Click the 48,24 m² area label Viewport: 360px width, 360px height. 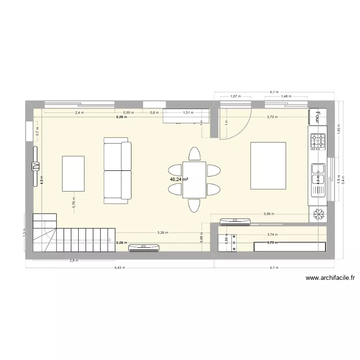point(179,180)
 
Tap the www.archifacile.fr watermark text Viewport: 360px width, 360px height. point(330,278)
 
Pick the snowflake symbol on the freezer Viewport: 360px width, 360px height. point(317,215)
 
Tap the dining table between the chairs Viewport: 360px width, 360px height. point(194,180)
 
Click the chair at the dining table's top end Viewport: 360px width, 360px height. point(194,154)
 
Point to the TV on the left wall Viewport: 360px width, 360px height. point(35,166)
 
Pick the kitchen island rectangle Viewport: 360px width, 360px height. point(268,166)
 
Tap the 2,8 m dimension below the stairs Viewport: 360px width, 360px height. point(74,261)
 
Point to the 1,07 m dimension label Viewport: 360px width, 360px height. point(235,96)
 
